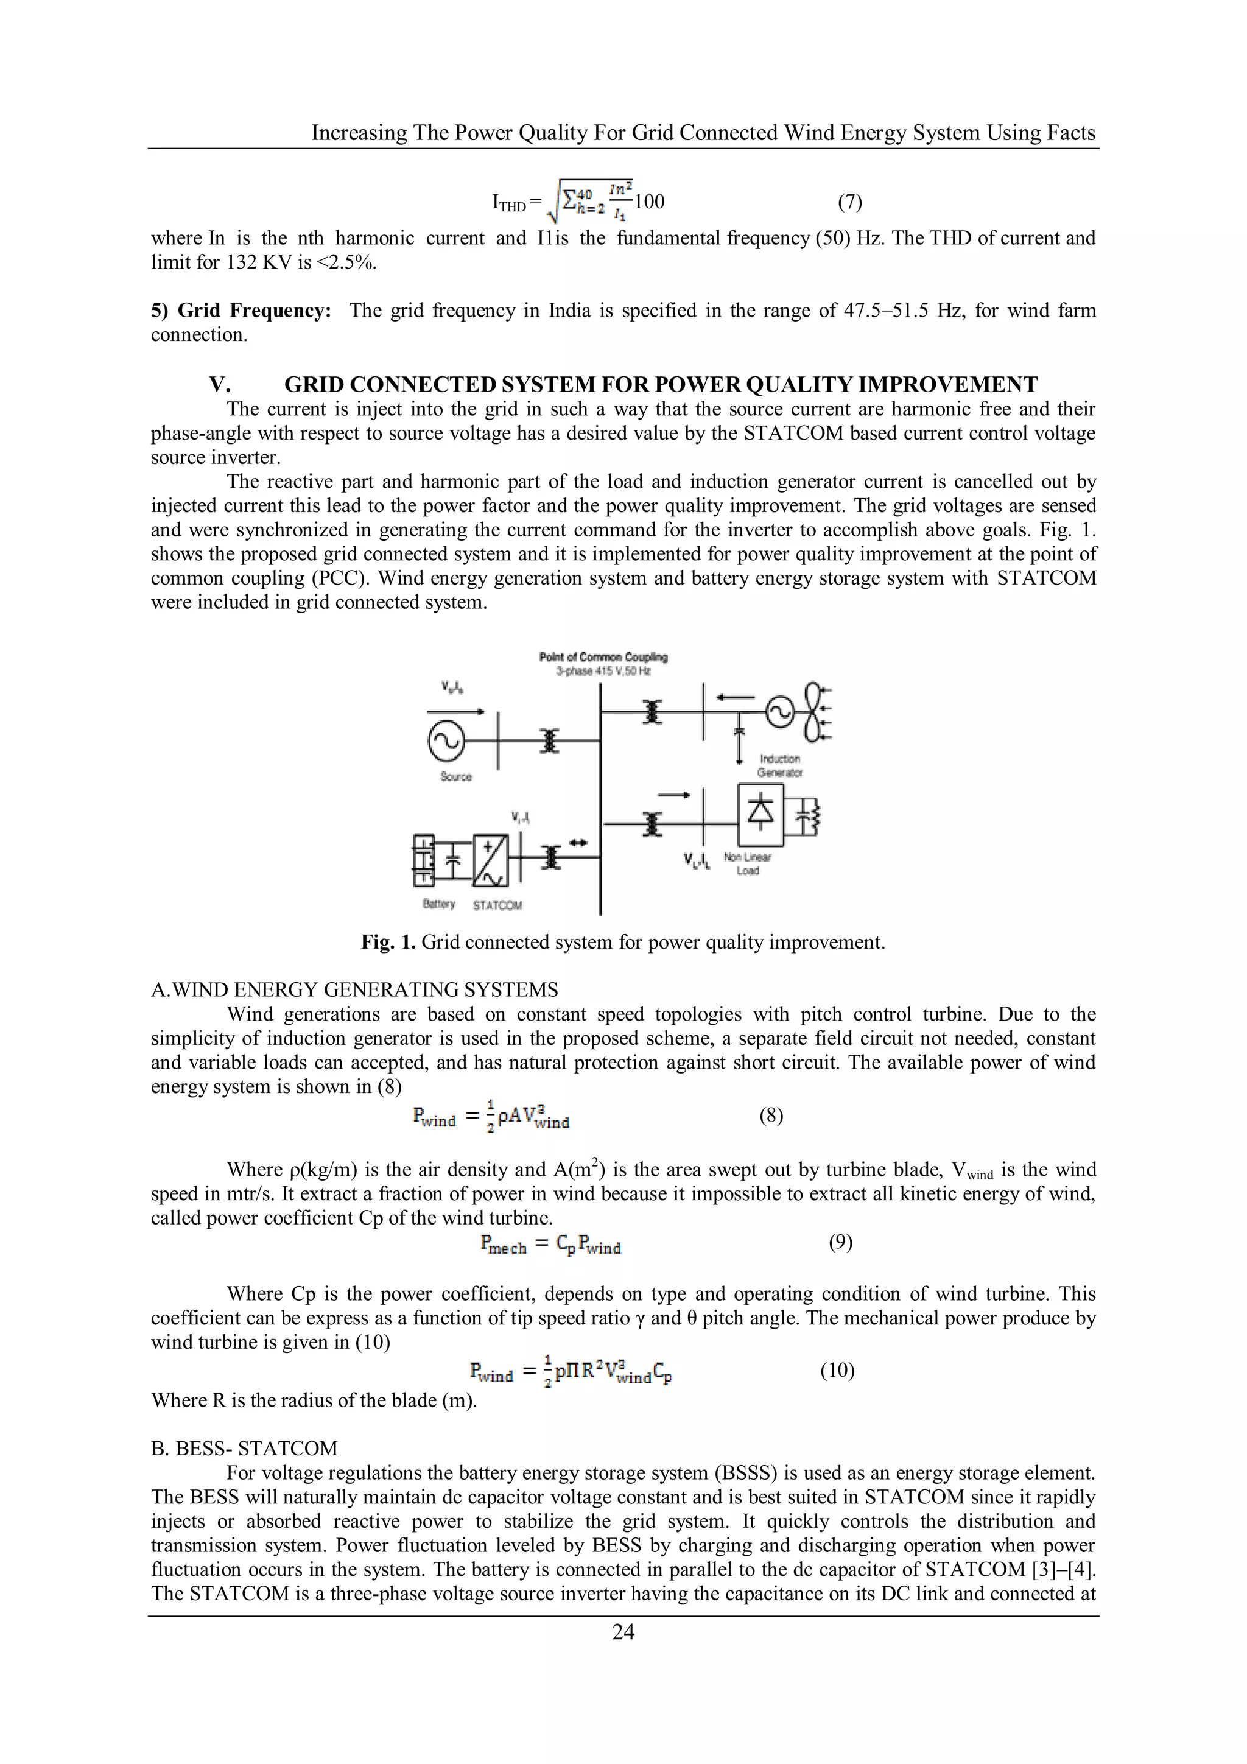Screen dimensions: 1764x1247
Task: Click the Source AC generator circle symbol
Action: point(446,740)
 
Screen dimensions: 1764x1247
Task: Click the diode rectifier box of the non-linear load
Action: point(760,813)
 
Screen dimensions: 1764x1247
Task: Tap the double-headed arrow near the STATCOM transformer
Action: point(578,843)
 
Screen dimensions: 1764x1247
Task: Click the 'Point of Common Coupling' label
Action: point(603,657)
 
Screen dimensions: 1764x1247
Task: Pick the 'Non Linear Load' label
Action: point(747,863)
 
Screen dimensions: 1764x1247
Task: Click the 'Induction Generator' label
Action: point(780,765)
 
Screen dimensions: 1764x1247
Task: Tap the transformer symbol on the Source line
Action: point(549,740)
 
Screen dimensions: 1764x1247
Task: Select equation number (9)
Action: point(840,1242)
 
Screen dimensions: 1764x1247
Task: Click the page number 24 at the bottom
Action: point(623,1632)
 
